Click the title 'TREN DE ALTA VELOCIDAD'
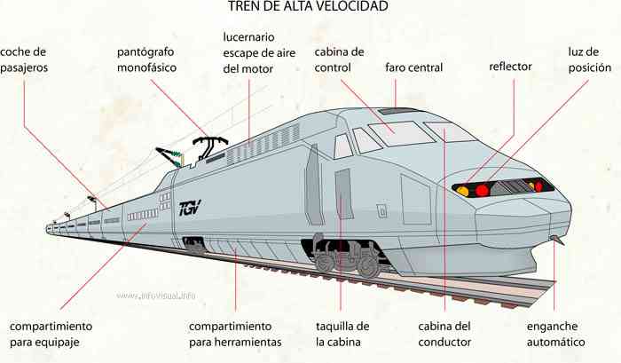tap(308, 6)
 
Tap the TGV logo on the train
tap(190, 208)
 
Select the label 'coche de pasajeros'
tap(24, 59)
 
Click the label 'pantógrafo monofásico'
tap(146, 59)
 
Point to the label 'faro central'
tap(414, 67)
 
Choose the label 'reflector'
tap(510, 67)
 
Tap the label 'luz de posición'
tap(590, 59)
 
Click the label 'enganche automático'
tap(555, 334)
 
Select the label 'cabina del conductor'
tap(444, 334)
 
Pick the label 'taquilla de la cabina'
tap(342, 334)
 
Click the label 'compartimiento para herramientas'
tap(235, 334)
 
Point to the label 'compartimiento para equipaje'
tap(51, 334)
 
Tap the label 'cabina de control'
tap(340, 59)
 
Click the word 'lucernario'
tap(248, 37)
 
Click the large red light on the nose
tap(482, 190)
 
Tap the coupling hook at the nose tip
tap(558, 240)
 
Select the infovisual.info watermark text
tap(156, 296)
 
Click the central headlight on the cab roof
tap(397, 111)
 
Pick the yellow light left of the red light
tap(462, 191)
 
